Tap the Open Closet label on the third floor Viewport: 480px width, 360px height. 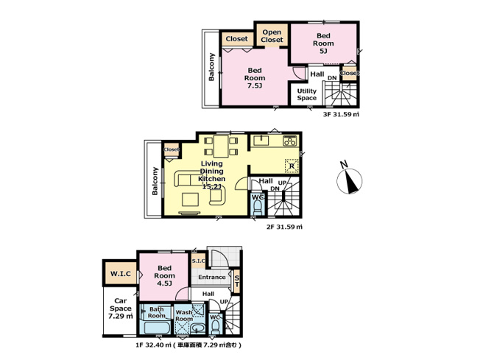click(x=271, y=37)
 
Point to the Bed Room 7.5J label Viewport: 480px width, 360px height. click(x=255, y=78)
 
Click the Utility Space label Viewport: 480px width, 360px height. click(x=307, y=95)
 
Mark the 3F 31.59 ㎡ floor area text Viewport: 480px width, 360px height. click(x=341, y=114)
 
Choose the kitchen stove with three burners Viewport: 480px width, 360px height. click(x=289, y=141)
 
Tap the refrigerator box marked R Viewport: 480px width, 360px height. click(x=292, y=166)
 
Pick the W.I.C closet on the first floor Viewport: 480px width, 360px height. click(x=121, y=275)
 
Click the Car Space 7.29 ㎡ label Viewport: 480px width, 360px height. click(x=120, y=307)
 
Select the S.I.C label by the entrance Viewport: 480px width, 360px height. click(x=198, y=261)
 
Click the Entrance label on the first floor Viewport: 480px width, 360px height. click(x=211, y=278)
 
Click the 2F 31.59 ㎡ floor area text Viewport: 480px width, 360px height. click(x=284, y=227)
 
